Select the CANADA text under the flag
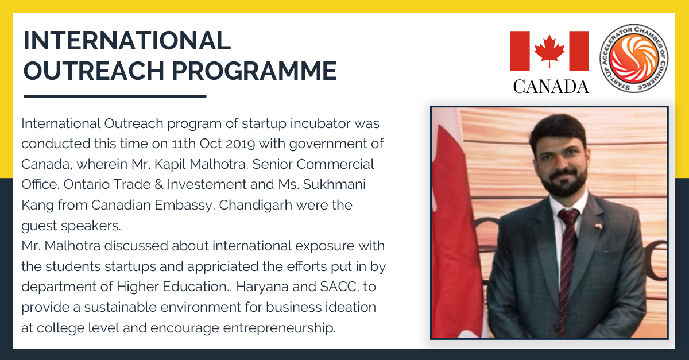(551, 86)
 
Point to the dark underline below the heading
(114, 96)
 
